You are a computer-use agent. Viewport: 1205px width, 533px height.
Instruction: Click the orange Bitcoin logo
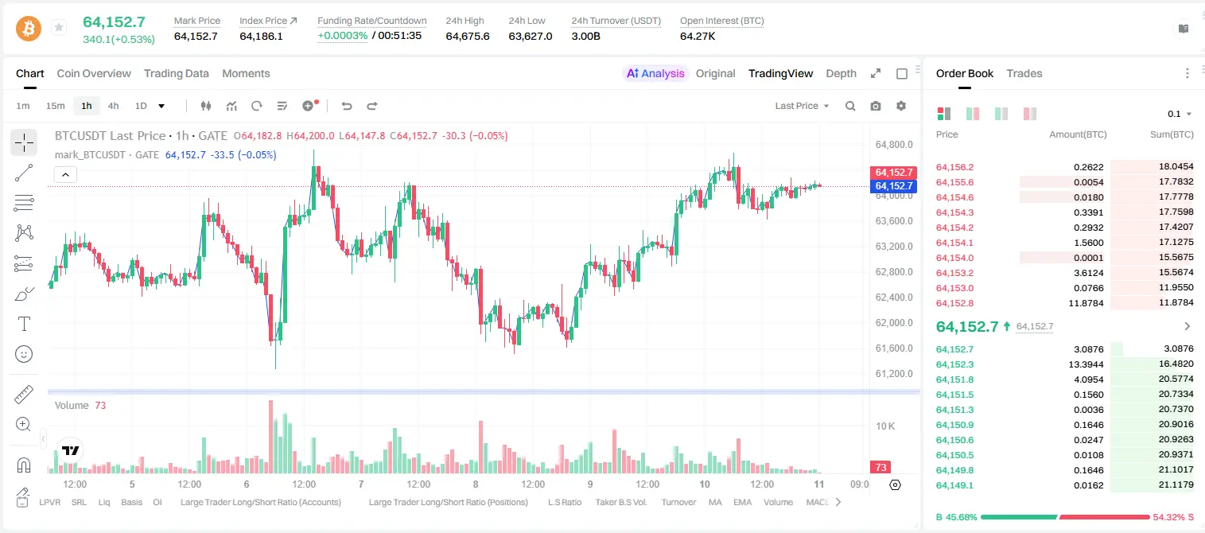click(x=29, y=29)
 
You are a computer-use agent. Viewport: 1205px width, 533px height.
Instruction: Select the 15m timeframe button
click(x=56, y=106)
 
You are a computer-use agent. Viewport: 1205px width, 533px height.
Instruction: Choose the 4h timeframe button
click(x=113, y=106)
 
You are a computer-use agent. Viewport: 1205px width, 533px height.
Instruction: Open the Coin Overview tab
click(x=94, y=74)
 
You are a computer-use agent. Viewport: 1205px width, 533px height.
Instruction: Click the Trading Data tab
click(x=176, y=74)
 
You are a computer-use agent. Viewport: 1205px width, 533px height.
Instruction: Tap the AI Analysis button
click(x=655, y=74)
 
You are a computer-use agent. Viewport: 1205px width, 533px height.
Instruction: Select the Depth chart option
click(x=841, y=74)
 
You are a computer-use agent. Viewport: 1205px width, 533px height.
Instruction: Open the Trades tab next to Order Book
click(x=1024, y=74)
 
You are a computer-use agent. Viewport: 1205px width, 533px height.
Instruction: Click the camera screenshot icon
click(x=876, y=106)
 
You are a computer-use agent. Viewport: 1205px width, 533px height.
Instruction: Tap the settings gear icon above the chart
click(x=901, y=106)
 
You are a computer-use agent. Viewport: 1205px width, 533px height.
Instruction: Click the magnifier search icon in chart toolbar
click(x=850, y=106)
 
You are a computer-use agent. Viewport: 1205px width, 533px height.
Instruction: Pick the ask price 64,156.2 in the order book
click(x=955, y=167)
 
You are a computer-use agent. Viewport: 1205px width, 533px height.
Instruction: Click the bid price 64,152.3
click(x=955, y=364)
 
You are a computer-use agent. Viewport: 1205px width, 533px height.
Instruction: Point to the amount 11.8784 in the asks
click(x=1086, y=303)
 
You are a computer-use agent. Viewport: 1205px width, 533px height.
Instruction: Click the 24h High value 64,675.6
click(x=468, y=36)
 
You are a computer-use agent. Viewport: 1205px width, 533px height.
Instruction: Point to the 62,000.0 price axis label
click(x=894, y=323)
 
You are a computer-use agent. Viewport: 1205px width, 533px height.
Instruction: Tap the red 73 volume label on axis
click(x=880, y=468)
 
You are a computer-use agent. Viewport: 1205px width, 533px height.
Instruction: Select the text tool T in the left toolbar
click(x=24, y=324)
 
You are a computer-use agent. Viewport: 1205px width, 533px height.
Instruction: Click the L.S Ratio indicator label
click(x=565, y=502)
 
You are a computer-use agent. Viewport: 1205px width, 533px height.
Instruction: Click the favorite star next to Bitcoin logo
click(x=59, y=27)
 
